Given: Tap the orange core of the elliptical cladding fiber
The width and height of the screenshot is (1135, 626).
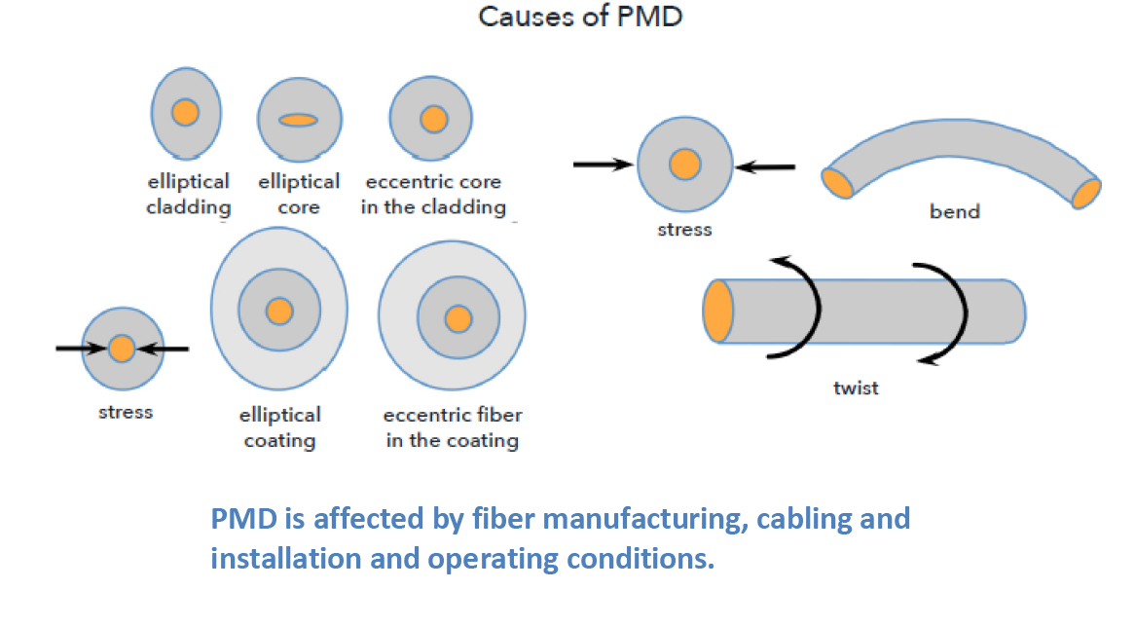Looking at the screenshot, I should tap(185, 112).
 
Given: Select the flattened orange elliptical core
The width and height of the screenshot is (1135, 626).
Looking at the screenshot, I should tap(298, 120).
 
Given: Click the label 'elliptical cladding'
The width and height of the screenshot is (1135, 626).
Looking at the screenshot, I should tap(189, 194).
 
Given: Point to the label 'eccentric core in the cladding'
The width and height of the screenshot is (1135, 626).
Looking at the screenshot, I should tap(433, 194).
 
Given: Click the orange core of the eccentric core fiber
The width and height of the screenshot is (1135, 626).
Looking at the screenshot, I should tap(434, 119).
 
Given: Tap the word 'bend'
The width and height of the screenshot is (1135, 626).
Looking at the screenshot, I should tap(954, 211).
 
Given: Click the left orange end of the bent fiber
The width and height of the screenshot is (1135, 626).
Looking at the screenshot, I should tap(838, 182).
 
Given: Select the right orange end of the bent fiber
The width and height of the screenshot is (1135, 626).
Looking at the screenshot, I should tap(1085, 193).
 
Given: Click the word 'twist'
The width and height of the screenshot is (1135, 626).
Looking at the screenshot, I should tap(856, 387).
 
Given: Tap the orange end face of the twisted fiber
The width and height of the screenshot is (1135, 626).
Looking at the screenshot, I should tap(718, 311).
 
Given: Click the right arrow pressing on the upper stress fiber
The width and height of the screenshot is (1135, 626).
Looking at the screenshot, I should tap(765, 167).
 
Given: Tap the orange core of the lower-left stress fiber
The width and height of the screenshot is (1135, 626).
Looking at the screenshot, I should tap(122, 348).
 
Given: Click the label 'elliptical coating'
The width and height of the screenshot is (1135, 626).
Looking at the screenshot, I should tap(279, 427).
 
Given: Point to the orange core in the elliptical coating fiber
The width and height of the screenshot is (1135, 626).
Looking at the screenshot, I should tap(279, 311).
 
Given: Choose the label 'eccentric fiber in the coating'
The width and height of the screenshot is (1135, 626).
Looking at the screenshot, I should tap(453, 427).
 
